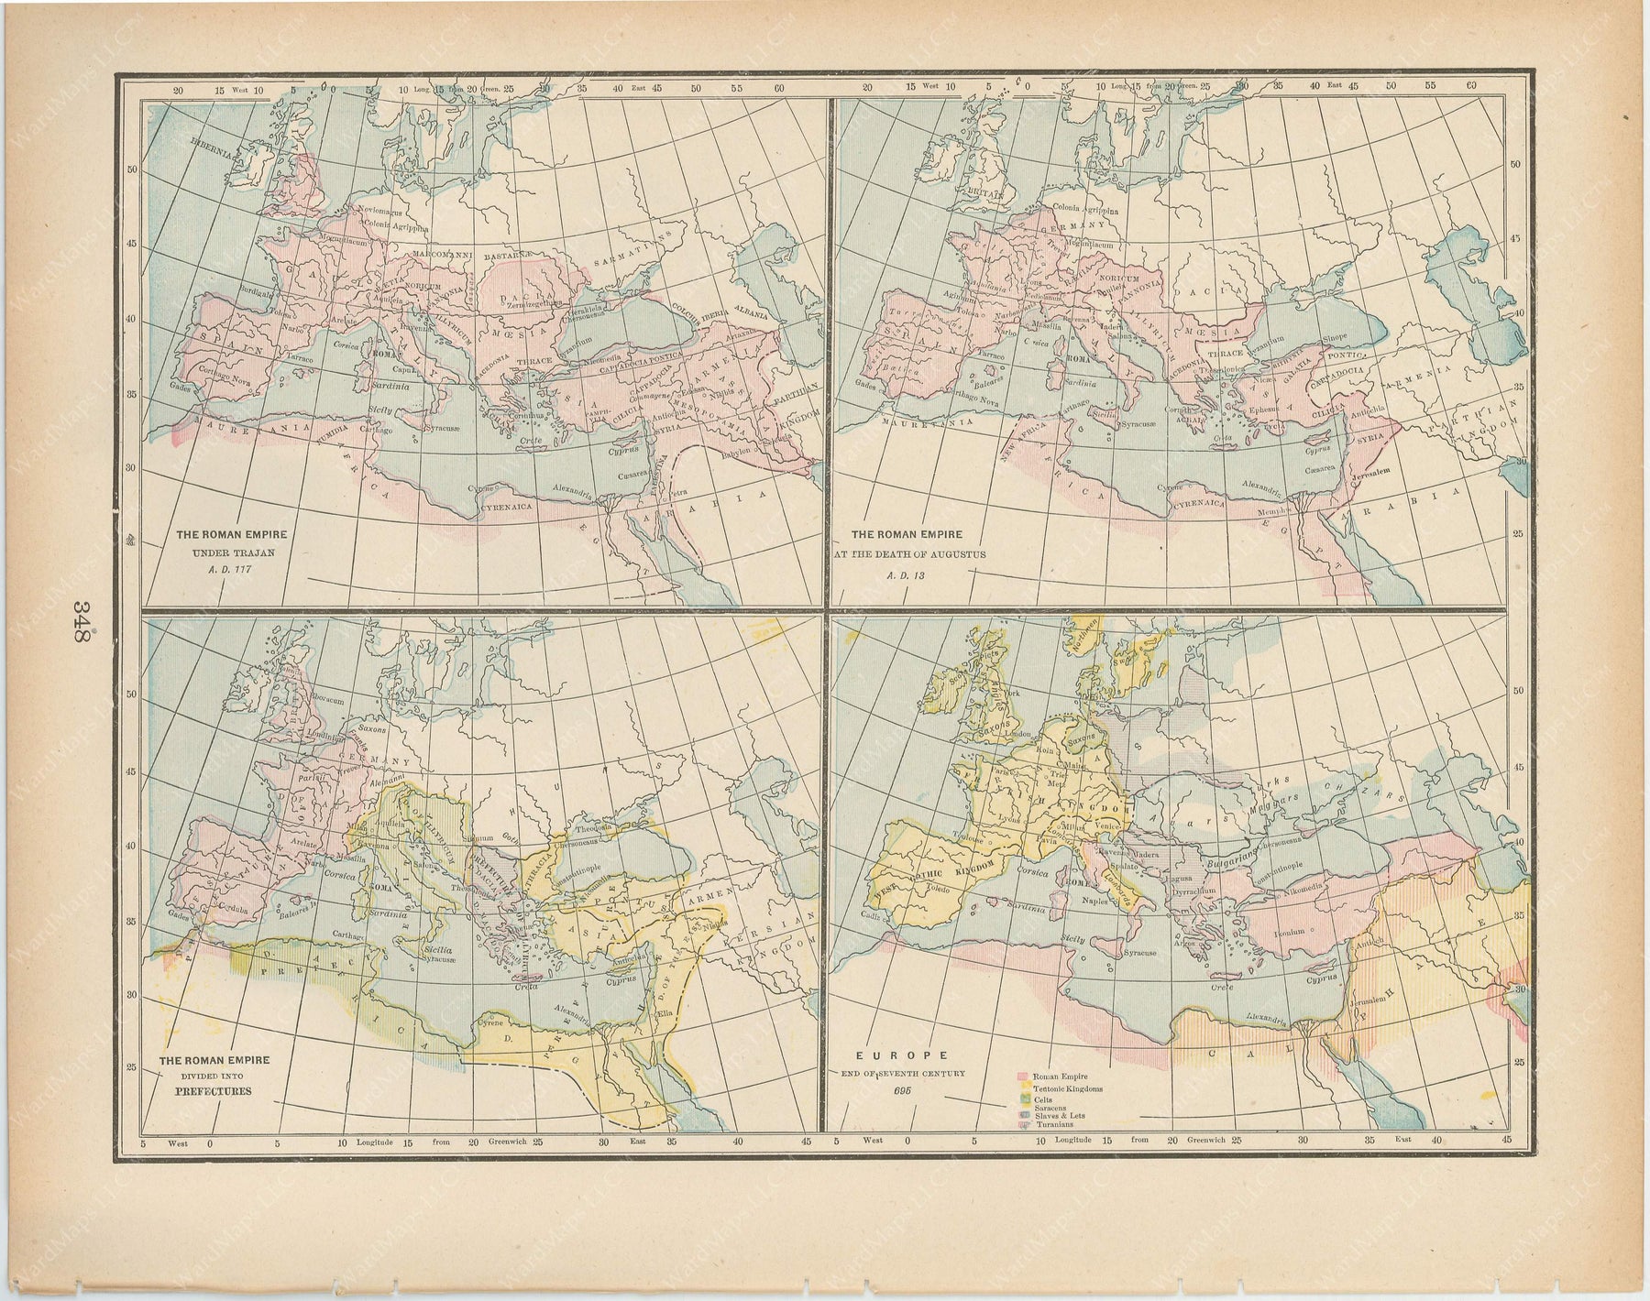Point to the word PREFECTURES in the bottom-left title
coord(215,1091)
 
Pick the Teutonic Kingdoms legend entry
coord(1069,1088)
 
